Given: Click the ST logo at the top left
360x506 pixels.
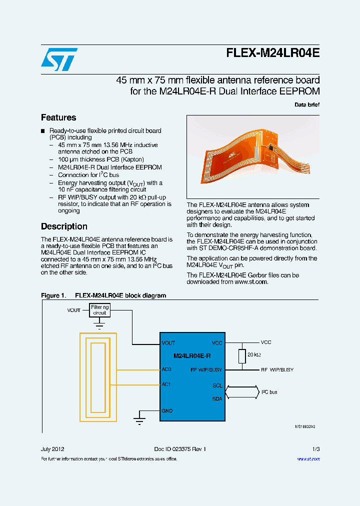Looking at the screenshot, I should (59, 59).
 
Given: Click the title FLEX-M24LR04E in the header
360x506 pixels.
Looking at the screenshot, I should (272, 53).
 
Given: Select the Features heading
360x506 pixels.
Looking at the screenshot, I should (58, 117).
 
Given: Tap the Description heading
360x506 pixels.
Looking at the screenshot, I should (64, 226).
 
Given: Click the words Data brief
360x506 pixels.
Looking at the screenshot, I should (306, 104).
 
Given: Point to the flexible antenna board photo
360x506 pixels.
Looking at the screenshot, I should (253, 157).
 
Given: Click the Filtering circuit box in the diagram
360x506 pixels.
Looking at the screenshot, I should (100, 310).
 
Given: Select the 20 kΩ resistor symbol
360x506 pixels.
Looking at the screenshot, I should (242, 356).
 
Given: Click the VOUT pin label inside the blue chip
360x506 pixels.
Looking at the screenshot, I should (168, 343).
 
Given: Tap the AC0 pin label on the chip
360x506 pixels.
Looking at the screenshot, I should (166, 369).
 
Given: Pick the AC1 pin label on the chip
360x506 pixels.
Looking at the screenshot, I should (166, 384).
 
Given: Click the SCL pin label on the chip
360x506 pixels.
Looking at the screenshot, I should (217, 385).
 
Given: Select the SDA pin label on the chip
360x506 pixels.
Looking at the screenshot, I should (217, 398).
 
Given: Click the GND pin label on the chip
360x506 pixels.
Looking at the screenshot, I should (167, 410).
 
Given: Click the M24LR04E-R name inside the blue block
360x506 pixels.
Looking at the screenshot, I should (192, 355).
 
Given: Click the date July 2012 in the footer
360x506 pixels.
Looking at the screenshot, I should (52, 449).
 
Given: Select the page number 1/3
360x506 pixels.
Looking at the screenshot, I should (315, 449).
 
